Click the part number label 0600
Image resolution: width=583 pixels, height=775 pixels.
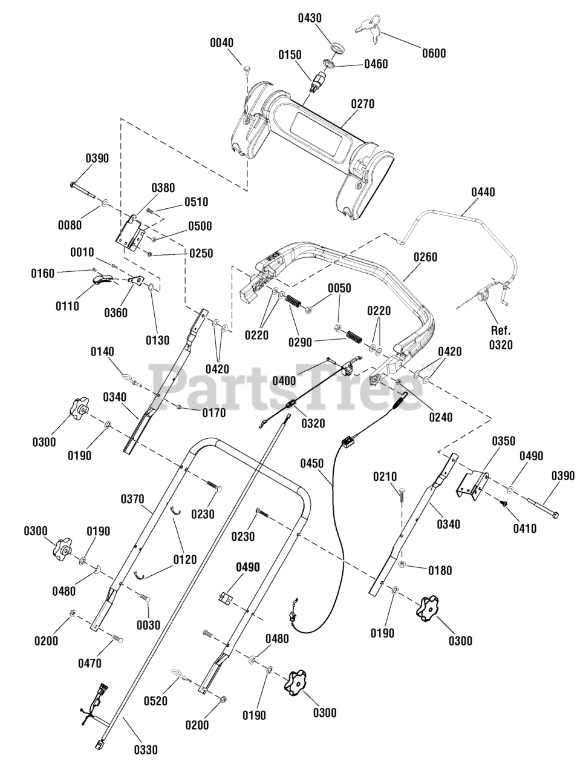click(x=434, y=53)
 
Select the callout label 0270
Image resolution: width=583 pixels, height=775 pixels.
click(x=363, y=104)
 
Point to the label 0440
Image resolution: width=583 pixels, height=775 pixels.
click(x=483, y=193)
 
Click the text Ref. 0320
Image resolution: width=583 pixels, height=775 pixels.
click(x=501, y=337)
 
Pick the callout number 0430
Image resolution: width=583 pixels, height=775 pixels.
click(x=310, y=18)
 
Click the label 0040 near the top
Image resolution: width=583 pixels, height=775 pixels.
click(x=221, y=43)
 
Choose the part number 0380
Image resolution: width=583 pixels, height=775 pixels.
click(x=163, y=188)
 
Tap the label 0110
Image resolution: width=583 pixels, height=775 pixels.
click(x=67, y=306)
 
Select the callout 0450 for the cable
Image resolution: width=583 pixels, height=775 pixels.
click(x=312, y=464)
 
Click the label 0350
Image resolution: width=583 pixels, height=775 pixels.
click(x=503, y=441)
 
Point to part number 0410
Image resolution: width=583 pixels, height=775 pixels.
click(x=525, y=528)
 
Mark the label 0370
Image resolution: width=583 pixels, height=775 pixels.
click(x=132, y=499)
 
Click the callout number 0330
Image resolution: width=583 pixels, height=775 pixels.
click(x=146, y=750)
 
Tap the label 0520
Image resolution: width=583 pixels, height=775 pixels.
click(x=155, y=701)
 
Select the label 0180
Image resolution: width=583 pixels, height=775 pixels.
click(x=440, y=570)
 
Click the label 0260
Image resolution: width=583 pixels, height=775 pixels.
click(x=425, y=257)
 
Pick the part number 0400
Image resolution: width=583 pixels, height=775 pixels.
click(x=284, y=381)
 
